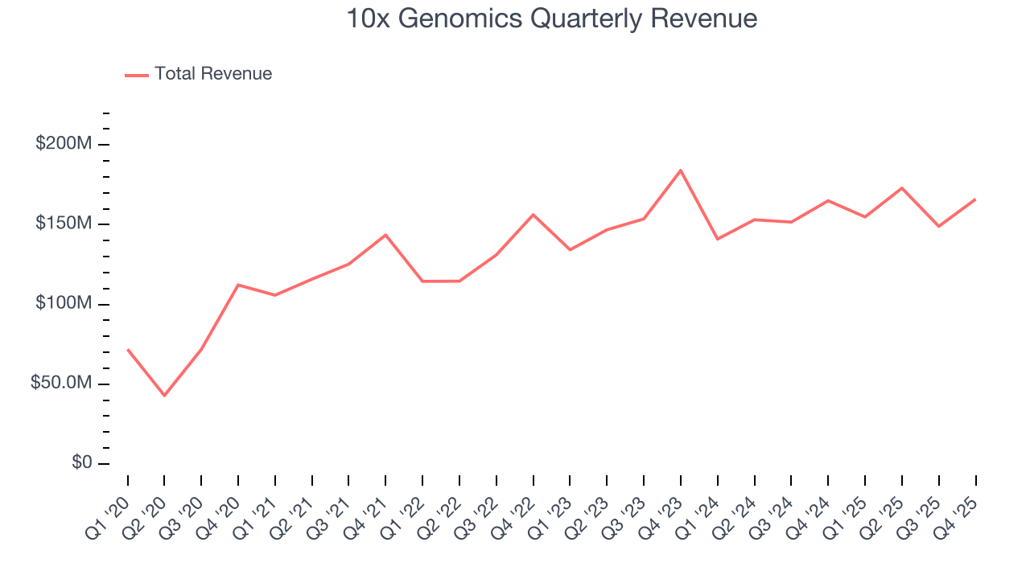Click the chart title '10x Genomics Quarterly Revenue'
click(551, 18)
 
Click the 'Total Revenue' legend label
click(213, 74)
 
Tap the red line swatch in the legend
click(137, 75)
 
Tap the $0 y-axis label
click(81, 463)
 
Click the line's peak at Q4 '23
click(681, 170)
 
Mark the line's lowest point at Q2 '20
click(164, 396)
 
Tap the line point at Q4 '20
click(238, 285)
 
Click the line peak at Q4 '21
click(385, 235)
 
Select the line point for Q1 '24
click(717, 239)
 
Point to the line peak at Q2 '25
click(902, 188)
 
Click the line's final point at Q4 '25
click(975, 199)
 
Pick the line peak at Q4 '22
click(533, 215)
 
